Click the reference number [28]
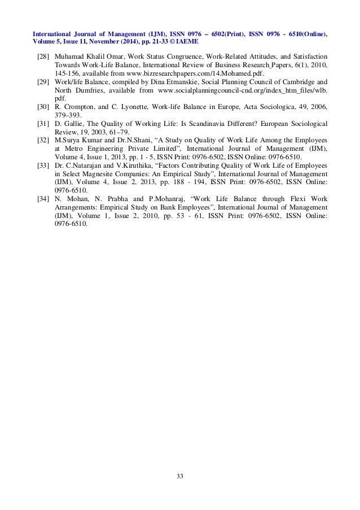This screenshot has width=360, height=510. point(42,57)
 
